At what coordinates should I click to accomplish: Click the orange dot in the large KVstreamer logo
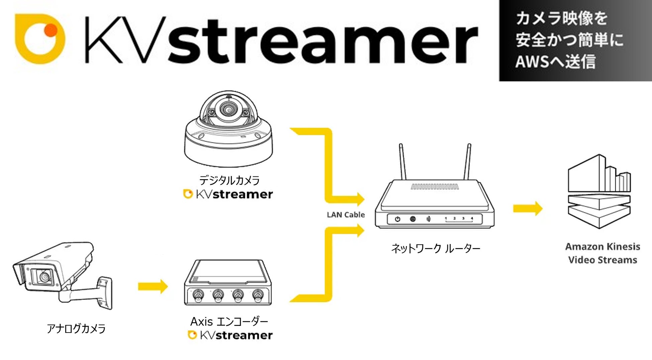pos(51,30)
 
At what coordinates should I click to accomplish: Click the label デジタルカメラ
pos(229,181)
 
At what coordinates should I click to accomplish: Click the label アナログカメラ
pos(76,329)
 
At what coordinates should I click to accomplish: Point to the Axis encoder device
pos(228,282)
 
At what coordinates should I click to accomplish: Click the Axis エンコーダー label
pos(229,322)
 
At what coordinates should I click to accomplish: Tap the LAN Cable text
pos(346,215)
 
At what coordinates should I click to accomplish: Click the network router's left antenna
pos(403,162)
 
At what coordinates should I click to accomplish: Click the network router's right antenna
pos(467,162)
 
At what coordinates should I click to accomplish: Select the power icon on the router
pos(397,219)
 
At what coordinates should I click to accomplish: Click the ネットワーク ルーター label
pos(436,248)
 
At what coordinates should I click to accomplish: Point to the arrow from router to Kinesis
pos(528,209)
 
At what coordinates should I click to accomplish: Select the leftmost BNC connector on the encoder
pos(198,295)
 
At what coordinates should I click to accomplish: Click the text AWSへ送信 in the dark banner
pos(555,62)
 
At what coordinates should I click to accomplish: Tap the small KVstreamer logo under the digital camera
pos(228,194)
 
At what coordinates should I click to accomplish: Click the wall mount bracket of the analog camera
pos(105,292)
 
